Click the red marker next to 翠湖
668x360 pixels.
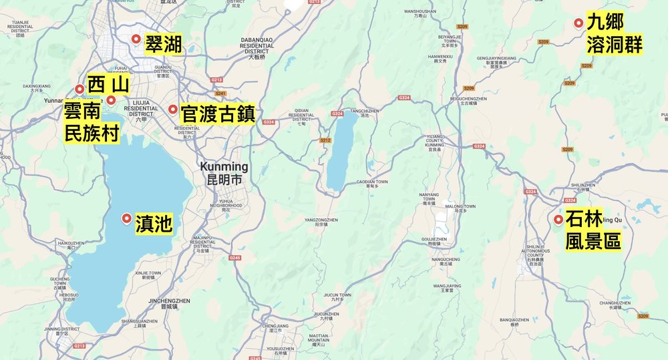(x=136, y=39)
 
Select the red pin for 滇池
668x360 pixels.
(x=127, y=218)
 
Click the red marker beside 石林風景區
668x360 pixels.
(x=558, y=219)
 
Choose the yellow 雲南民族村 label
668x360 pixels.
(x=91, y=122)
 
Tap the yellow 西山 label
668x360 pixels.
(x=108, y=84)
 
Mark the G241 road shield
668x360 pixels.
(x=221, y=94)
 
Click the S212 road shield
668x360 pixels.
(x=325, y=140)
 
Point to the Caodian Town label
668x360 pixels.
(x=372, y=183)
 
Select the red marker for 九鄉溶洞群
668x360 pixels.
(x=578, y=23)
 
